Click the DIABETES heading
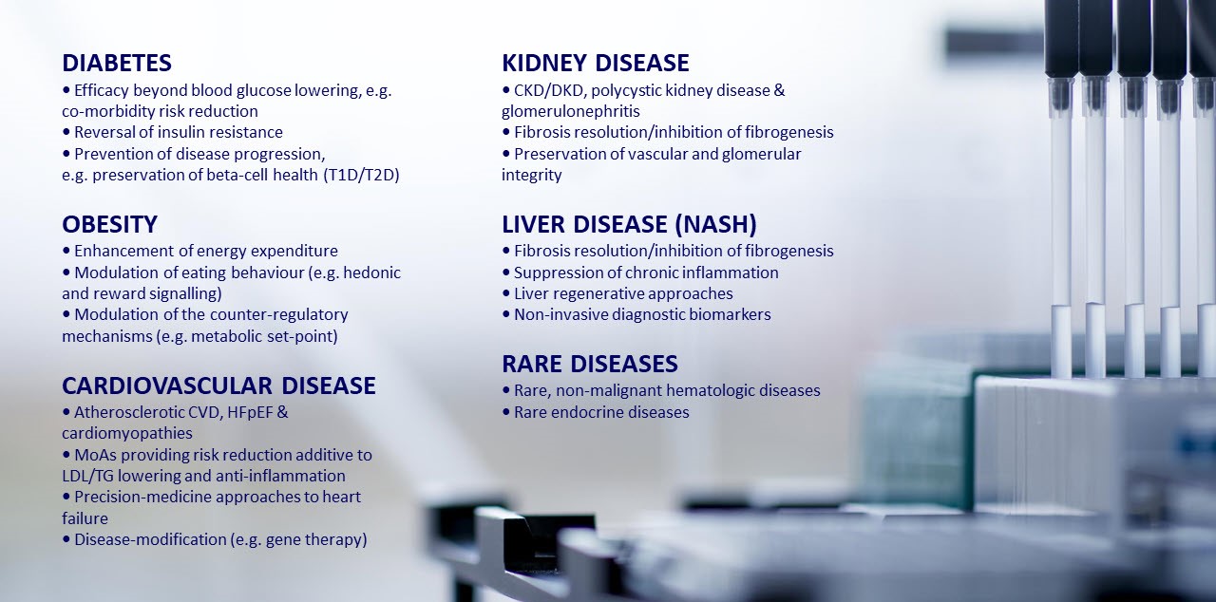117,63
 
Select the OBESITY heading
109,224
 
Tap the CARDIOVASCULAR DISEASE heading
218,386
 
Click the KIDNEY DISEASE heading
596,63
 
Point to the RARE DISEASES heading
590,364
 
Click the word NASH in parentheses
716,224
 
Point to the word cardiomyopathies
127,434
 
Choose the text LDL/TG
88,476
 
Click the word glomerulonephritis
571,112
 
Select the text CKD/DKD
549,90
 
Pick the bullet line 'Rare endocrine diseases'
596,412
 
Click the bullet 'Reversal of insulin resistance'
173,132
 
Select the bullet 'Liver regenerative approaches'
617,294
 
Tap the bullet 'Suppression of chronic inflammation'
640,273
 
